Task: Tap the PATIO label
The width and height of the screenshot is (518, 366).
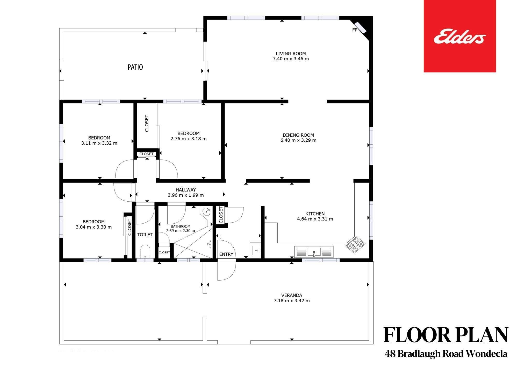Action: click(135, 67)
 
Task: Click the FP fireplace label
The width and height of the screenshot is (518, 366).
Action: click(355, 30)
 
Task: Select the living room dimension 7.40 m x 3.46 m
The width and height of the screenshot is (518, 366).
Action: click(291, 59)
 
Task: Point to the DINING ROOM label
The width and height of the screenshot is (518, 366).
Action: click(298, 135)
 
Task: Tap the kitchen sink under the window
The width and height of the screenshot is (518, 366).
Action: click(314, 252)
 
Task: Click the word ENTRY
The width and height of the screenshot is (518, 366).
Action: click(226, 254)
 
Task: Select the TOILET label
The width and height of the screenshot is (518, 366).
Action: click(145, 235)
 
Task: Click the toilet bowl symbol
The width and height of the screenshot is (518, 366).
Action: click(145, 251)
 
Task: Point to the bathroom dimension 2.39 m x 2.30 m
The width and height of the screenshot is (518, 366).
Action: click(181, 231)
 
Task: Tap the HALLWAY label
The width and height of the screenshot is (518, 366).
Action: click(186, 190)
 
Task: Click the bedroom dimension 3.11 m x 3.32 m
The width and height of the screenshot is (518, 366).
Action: click(99, 143)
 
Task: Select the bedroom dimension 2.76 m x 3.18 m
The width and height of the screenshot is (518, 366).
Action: click(189, 139)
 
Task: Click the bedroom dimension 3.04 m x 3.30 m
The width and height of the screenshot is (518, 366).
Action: click(94, 227)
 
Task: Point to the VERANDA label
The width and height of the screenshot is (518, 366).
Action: click(292, 295)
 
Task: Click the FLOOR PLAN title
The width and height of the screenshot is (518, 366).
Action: click(446, 335)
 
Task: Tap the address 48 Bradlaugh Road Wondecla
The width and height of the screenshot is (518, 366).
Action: click(446, 354)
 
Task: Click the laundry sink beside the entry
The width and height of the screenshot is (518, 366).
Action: click(255, 250)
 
